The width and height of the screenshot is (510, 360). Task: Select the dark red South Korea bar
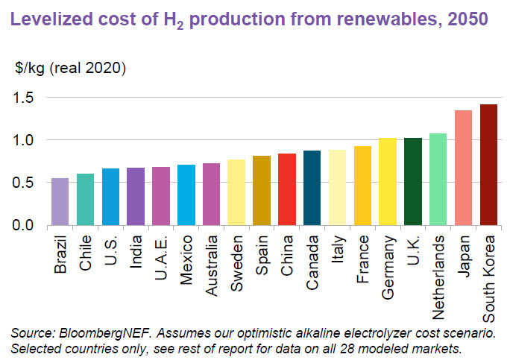click(488, 165)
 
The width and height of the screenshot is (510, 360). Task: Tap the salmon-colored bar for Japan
click(463, 168)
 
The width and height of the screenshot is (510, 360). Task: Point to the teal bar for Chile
click(85, 199)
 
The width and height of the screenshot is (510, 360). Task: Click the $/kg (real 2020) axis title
click(71, 69)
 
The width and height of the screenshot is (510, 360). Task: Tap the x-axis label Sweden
click(237, 259)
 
